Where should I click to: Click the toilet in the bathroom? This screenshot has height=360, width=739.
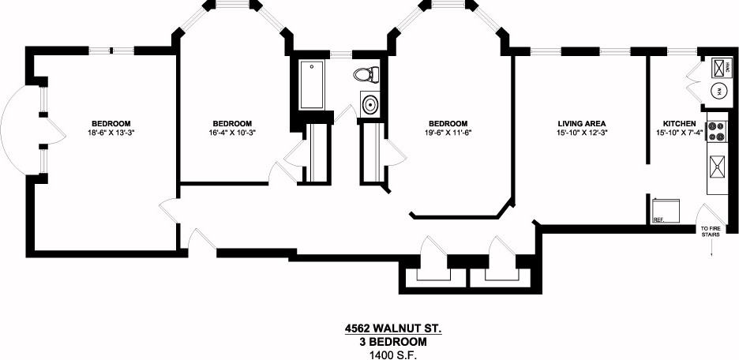tap(366, 73)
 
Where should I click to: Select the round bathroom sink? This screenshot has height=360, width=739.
tap(369, 103)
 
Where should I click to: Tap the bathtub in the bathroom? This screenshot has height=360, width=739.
tap(312, 84)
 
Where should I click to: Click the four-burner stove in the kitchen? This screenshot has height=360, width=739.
tap(715, 132)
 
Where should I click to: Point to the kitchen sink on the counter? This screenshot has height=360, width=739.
tap(718, 167)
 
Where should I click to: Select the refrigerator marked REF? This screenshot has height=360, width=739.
tap(666, 211)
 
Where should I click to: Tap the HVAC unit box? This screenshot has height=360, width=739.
tap(721, 67)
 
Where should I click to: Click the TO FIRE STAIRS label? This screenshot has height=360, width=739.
tap(711, 231)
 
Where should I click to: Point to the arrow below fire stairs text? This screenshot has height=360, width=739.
tap(711, 248)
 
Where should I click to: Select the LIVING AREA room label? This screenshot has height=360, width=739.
tap(581, 124)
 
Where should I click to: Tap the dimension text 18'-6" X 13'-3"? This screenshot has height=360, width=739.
tap(111, 133)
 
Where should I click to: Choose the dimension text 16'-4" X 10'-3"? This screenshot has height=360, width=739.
tap(231, 133)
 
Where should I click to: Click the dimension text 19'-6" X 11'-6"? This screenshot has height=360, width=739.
tap(448, 133)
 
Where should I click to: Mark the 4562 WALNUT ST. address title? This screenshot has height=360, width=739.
tap(392, 328)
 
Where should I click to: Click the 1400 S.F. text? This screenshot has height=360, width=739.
tap(392, 354)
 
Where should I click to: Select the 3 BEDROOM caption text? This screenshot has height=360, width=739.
tap(392, 342)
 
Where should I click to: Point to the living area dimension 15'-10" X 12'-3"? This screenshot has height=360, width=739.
tap(582, 133)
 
